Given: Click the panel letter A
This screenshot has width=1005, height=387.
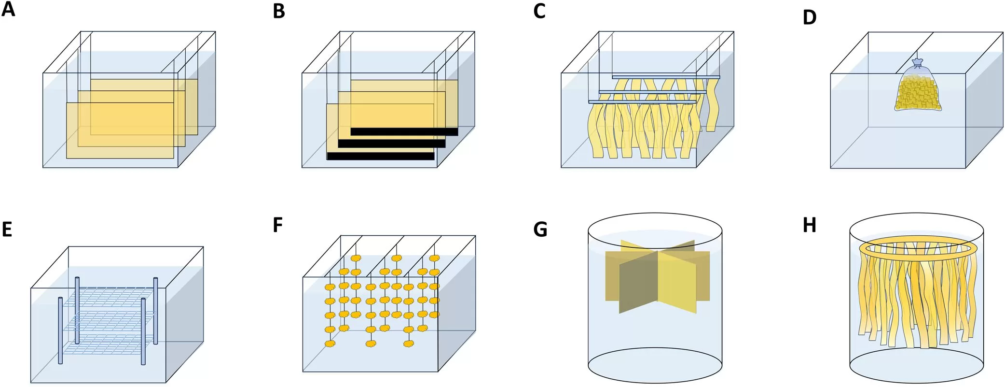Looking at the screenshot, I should point(8,9).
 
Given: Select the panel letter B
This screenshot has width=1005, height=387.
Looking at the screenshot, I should point(279,11).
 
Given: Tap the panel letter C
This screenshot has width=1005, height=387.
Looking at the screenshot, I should point(539,11).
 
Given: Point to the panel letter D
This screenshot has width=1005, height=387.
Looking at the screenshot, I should point(810,17).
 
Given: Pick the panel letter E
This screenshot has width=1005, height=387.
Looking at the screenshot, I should point(7,229).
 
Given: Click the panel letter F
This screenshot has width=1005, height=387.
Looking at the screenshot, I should point(277,225).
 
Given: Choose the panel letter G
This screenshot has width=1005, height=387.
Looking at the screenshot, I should point(540,229).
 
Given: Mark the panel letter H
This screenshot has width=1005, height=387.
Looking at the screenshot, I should point(810,225).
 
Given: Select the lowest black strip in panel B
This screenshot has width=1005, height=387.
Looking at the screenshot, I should point(380,156).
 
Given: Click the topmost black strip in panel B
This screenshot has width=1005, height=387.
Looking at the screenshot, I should point(404,131).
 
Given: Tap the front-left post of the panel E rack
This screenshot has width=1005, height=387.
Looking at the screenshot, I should point(60,330).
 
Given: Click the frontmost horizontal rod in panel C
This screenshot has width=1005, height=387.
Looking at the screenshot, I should point(642,102).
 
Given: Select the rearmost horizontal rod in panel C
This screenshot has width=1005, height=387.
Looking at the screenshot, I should point(666,77).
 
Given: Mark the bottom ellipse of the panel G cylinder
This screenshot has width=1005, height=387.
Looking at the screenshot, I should point(655,365).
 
